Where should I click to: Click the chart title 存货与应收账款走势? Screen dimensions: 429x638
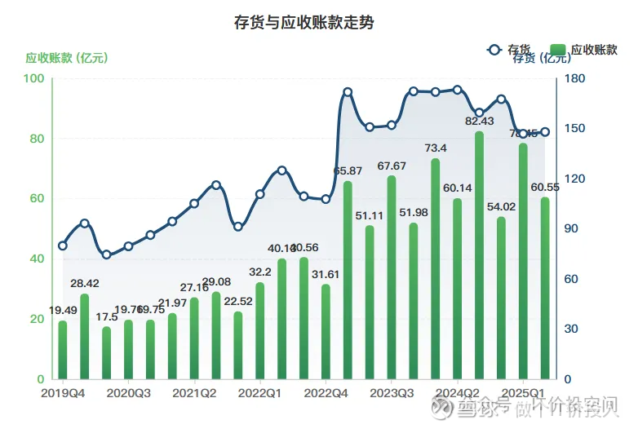[303, 23]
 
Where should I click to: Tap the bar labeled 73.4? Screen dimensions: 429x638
[435, 269]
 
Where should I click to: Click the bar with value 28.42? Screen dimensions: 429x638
[84, 336]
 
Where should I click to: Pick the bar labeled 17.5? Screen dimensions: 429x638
[106, 352]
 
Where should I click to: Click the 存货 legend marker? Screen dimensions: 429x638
[493, 50]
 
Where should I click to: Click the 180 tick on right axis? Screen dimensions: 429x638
[575, 78]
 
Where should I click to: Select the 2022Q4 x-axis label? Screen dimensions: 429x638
[326, 393]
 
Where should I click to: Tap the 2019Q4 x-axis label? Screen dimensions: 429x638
[62, 393]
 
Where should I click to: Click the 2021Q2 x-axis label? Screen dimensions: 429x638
[194, 393]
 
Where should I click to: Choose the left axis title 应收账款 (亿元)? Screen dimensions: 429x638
[67, 58]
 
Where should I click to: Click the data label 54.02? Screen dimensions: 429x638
[500, 206]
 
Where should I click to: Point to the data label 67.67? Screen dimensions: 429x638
[392, 166]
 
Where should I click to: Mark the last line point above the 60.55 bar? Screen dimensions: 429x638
[545, 132]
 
